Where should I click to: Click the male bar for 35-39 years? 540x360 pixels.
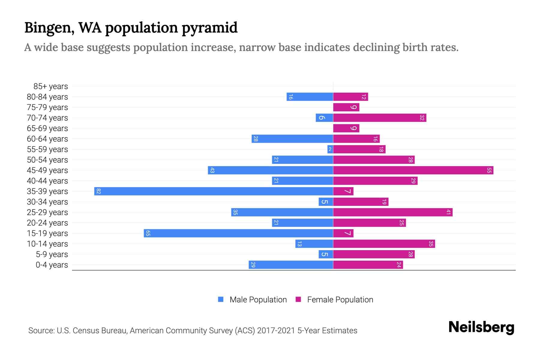[x=214, y=191]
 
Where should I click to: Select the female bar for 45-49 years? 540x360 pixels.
[x=413, y=170]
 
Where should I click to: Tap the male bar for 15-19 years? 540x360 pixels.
[x=238, y=233]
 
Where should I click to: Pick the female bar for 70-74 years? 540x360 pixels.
[x=379, y=118]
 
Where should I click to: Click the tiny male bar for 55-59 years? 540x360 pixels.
[x=330, y=149]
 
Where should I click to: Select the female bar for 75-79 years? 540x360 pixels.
[x=346, y=107]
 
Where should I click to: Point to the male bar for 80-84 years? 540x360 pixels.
[x=310, y=97]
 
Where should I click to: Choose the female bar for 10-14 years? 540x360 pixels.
[x=384, y=244]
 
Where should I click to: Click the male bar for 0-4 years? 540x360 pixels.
[x=291, y=265]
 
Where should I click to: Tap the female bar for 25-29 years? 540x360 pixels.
[x=393, y=212]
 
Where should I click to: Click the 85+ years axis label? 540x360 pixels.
[x=51, y=86]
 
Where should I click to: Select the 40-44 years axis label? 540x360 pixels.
[x=47, y=181]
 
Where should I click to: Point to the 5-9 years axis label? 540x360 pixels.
[x=52, y=254]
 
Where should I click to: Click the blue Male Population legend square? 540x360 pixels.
[x=221, y=299]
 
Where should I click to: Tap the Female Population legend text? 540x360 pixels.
[x=340, y=300]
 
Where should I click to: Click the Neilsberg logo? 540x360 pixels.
[x=481, y=327]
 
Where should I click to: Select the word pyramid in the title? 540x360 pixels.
[x=209, y=28]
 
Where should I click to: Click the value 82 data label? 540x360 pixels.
[x=98, y=191]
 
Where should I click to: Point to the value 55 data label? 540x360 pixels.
[x=489, y=170]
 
